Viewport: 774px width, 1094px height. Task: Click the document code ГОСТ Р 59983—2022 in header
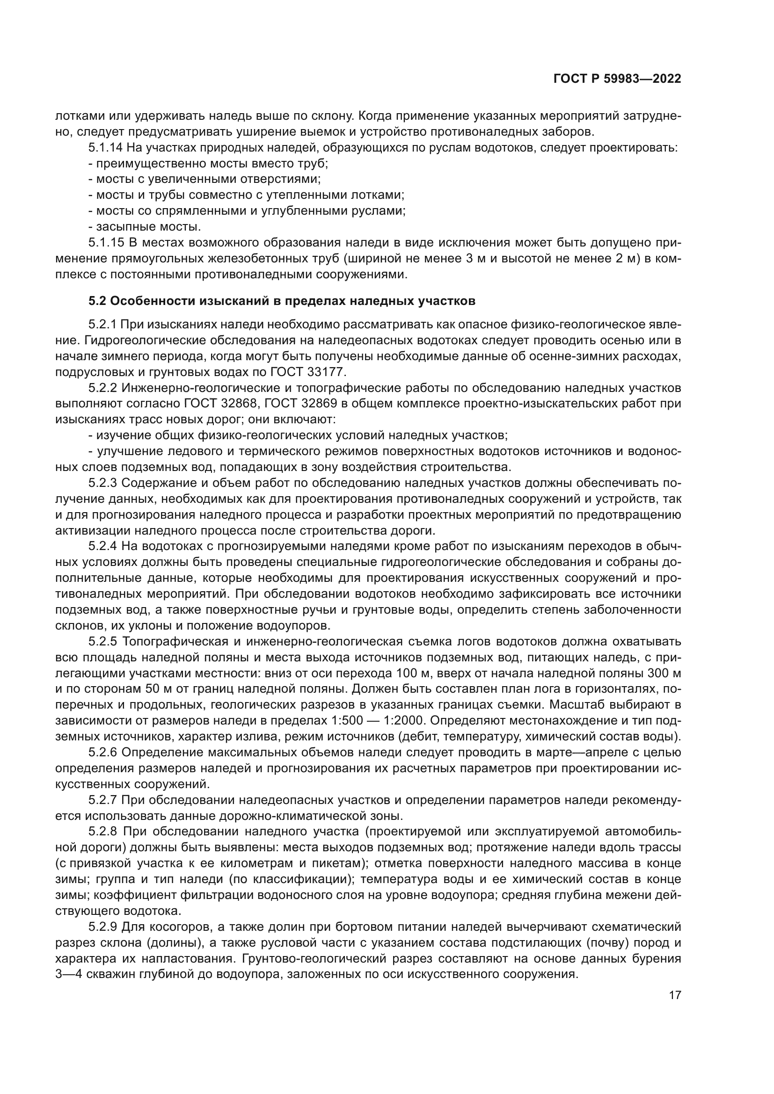point(617,79)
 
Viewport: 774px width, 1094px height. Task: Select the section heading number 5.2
point(97,301)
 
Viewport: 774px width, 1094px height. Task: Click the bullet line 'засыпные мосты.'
point(145,226)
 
